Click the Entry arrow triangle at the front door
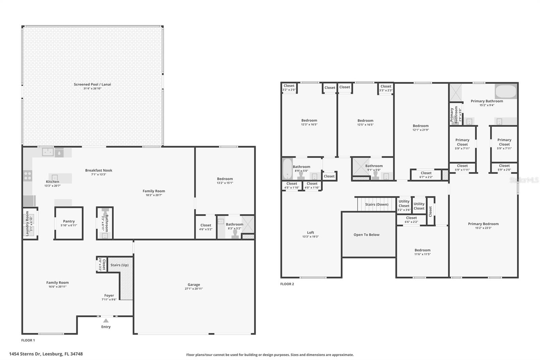(x=106, y=320)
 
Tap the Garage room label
(x=194, y=285)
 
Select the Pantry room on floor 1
(x=69, y=223)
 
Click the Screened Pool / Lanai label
(x=92, y=84)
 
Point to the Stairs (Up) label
(x=119, y=265)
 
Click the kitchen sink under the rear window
(x=48, y=152)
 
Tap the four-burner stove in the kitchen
(x=28, y=176)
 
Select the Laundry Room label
(x=27, y=223)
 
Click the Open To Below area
(x=367, y=235)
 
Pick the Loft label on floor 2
(x=310, y=233)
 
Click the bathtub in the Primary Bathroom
(x=506, y=91)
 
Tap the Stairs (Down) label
(x=377, y=204)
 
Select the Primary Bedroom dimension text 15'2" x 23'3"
(x=483, y=228)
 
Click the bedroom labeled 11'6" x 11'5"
(x=422, y=252)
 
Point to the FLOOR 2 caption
(x=287, y=284)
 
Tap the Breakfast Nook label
(x=99, y=171)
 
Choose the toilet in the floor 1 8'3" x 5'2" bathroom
(x=235, y=234)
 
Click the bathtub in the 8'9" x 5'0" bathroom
(x=287, y=169)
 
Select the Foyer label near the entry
(x=109, y=295)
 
